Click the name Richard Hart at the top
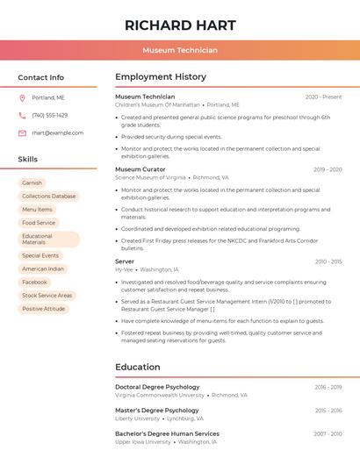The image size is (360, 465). click(x=179, y=25)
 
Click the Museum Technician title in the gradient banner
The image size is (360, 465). click(x=179, y=50)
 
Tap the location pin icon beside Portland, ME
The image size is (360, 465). click(x=22, y=97)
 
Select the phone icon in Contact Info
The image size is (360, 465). click(x=22, y=115)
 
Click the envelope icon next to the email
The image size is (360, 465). click(x=22, y=133)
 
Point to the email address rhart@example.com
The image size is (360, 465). click(x=57, y=133)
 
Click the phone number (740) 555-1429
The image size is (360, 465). click(x=49, y=115)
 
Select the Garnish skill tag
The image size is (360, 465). click(x=32, y=183)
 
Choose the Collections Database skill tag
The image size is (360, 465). click(x=48, y=197)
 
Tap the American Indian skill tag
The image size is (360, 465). click(x=43, y=269)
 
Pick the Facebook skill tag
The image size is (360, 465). click(x=34, y=283)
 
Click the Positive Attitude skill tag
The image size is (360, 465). click(x=43, y=309)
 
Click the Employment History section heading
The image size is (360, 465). click(x=161, y=77)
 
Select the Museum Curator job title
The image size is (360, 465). click(x=140, y=169)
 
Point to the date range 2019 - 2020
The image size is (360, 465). click(x=327, y=169)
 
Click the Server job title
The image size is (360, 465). click(x=125, y=261)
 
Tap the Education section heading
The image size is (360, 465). click(x=138, y=367)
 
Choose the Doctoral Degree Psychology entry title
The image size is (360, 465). click(x=157, y=387)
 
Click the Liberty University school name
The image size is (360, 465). click(x=137, y=418)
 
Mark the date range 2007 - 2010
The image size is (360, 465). click(x=328, y=434)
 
